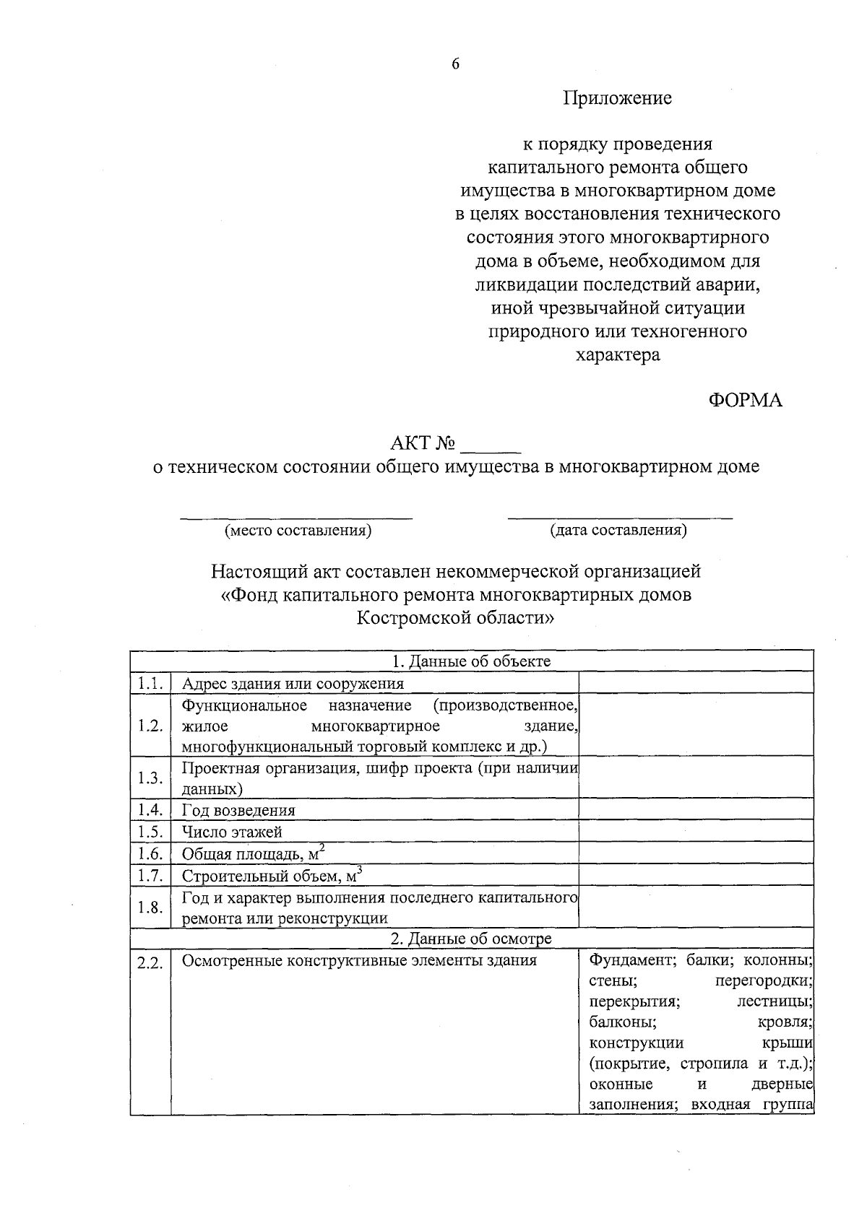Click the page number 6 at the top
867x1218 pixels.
tap(455, 64)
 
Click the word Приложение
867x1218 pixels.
tap(618, 98)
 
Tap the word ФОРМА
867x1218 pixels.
tap(745, 401)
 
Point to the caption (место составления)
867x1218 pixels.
tap(298, 531)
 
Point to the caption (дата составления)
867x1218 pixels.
tap(618, 531)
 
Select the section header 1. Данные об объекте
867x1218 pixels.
tap(471, 661)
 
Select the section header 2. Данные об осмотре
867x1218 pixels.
tap(471, 939)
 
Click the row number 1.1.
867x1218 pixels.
tap(150, 683)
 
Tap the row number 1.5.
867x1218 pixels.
tap(150, 832)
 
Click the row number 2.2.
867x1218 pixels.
tap(150, 963)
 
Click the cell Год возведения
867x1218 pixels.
tap(238, 810)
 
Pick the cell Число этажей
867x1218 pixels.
tap(232, 832)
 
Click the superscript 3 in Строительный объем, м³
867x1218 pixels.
tap(359, 870)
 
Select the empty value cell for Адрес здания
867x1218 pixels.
tap(696, 683)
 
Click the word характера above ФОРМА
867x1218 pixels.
tap(618, 355)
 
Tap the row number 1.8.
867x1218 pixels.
tap(150, 908)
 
